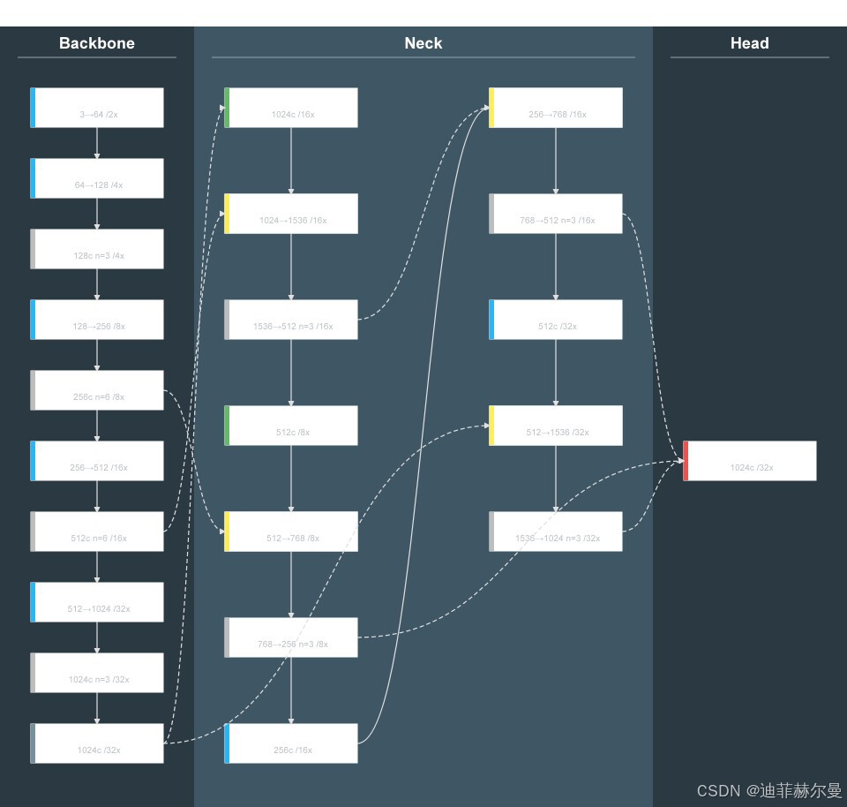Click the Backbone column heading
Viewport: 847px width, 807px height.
97,43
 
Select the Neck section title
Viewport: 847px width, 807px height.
423,43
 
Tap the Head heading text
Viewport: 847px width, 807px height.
749,43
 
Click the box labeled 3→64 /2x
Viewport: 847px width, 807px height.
97,108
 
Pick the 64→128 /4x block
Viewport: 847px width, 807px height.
97,178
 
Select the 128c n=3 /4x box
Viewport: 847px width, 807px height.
97,249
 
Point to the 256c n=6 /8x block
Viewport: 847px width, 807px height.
97,390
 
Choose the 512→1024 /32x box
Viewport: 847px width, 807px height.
97,602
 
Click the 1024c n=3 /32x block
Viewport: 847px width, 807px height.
97,673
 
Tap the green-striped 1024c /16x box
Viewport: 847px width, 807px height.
291,108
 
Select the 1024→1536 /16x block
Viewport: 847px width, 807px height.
291,214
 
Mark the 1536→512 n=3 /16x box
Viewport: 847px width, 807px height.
291,320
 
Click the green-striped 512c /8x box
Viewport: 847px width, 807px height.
291,426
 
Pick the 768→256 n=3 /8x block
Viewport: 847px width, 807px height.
291,637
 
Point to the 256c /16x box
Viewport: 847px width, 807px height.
291,743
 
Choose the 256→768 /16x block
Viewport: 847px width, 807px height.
556,108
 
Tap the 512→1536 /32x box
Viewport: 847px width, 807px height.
556,426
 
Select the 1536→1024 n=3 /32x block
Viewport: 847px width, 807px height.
556,532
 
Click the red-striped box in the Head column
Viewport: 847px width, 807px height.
750,461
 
